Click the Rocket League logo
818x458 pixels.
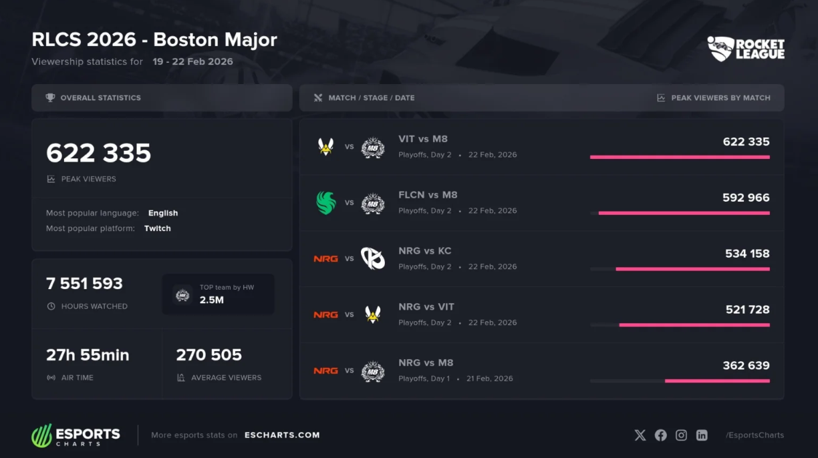(x=746, y=49)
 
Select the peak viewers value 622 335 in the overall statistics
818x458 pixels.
(x=98, y=153)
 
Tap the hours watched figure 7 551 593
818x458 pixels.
(x=84, y=284)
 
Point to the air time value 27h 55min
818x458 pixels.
(x=88, y=355)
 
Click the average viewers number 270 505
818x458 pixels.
(x=209, y=355)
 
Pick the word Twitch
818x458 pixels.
(x=158, y=228)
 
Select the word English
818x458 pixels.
(x=163, y=213)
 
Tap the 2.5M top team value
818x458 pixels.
(x=211, y=300)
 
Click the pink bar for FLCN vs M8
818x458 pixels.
(x=684, y=213)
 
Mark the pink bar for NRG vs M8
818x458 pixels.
(x=717, y=381)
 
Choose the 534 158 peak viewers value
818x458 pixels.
(x=747, y=254)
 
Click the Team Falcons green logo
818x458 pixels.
(x=326, y=203)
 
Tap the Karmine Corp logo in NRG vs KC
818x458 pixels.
(x=373, y=258)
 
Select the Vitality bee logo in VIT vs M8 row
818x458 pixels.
(x=325, y=147)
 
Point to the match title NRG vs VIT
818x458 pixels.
(x=426, y=307)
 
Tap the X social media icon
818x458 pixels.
(x=640, y=435)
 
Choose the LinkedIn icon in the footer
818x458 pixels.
(x=702, y=435)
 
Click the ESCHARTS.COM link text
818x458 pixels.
(x=282, y=435)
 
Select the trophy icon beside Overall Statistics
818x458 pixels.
(x=50, y=98)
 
